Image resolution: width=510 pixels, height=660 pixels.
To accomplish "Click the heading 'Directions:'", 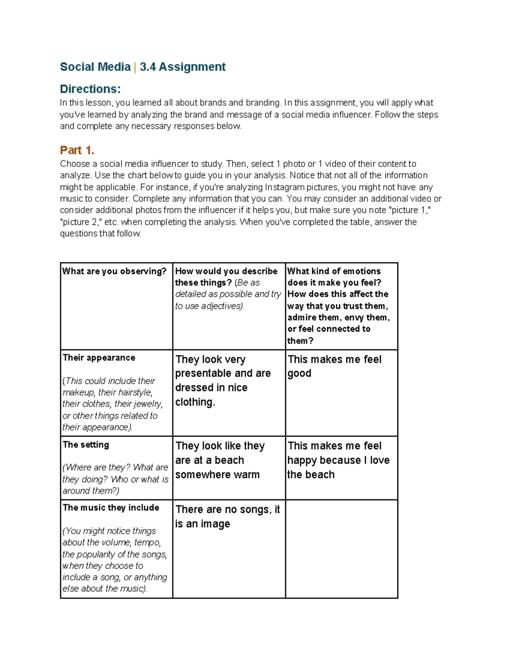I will [x=90, y=89].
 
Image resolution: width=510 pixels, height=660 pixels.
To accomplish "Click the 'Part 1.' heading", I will [x=77, y=150].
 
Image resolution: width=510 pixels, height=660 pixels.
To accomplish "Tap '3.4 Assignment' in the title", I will [x=182, y=67].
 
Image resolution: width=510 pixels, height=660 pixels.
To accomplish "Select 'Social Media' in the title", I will [x=95, y=67].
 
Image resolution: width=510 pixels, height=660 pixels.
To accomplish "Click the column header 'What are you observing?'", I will [x=114, y=271].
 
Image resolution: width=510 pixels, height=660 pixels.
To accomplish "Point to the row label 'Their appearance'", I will [x=99, y=357].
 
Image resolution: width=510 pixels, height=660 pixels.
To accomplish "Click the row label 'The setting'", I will [x=86, y=445].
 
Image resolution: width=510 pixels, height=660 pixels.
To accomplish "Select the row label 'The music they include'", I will [x=111, y=507].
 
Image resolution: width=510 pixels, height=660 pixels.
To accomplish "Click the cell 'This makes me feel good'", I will [x=334, y=366].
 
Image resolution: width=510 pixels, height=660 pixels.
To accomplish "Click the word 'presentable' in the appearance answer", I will [x=203, y=373].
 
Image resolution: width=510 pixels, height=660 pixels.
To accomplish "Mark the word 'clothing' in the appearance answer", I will [x=195, y=402].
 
